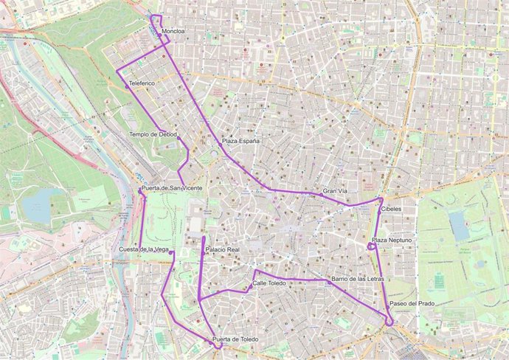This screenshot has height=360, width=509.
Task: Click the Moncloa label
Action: click(x=173, y=32)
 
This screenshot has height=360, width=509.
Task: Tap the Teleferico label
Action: click(x=142, y=83)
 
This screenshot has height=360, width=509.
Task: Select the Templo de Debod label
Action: click(x=153, y=134)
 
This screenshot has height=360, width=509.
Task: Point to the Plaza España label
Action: click(x=240, y=140)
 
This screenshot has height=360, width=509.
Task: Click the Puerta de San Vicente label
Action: click(x=171, y=189)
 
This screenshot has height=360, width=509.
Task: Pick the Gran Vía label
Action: click(x=335, y=192)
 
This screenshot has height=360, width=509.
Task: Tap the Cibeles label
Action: click(x=391, y=209)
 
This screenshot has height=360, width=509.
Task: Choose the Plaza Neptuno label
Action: click(x=392, y=240)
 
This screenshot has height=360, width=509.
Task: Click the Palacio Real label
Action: click(x=223, y=250)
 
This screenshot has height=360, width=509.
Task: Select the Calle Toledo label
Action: click(x=269, y=283)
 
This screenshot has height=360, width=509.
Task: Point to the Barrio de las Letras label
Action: click(x=359, y=279)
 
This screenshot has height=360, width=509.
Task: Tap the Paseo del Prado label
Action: click(x=412, y=304)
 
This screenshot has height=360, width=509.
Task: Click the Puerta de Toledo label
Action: click(x=235, y=339)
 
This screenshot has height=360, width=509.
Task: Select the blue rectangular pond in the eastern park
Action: click(x=458, y=226)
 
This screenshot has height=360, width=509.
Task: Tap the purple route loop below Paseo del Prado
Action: click(x=388, y=320)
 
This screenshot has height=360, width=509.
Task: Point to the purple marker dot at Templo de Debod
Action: click(x=179, y=138)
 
